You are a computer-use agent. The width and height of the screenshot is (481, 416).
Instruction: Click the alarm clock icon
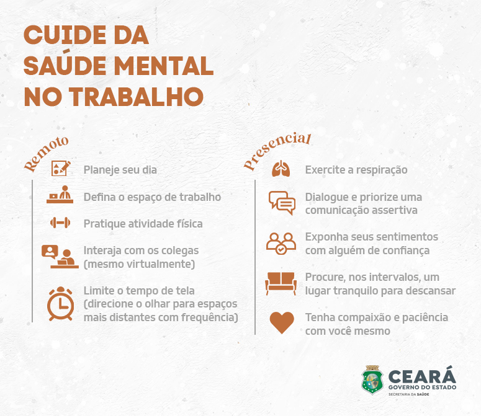coord(61,303)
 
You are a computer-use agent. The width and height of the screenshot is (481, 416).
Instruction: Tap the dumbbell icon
coord(61,223)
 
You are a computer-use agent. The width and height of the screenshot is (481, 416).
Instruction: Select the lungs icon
coord(281,169)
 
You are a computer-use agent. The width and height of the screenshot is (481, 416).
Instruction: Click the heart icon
coord(282,323)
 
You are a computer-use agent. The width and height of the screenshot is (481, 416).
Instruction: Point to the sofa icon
coord(281,283)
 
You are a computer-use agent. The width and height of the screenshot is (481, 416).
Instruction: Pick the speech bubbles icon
coord(282,203)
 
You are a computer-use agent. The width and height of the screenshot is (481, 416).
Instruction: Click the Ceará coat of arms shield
coord(372,380)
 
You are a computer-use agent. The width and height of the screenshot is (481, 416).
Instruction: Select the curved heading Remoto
coord(46,154)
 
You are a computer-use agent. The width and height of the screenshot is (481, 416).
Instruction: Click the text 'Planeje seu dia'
coord(120,169)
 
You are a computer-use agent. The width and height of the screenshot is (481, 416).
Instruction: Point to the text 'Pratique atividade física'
coord(143,223)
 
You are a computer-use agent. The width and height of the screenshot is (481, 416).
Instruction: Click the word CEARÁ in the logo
coord(422,375)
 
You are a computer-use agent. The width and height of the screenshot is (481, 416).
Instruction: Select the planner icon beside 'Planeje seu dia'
coord(60,168)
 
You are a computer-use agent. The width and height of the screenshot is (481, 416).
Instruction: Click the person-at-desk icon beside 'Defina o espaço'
coord(61,195)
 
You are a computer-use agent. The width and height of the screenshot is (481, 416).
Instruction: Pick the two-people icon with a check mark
coord(281,243)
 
